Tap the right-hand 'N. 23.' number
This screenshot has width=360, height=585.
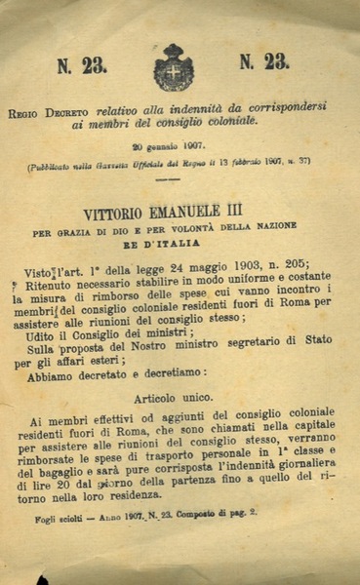coord(263,62)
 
